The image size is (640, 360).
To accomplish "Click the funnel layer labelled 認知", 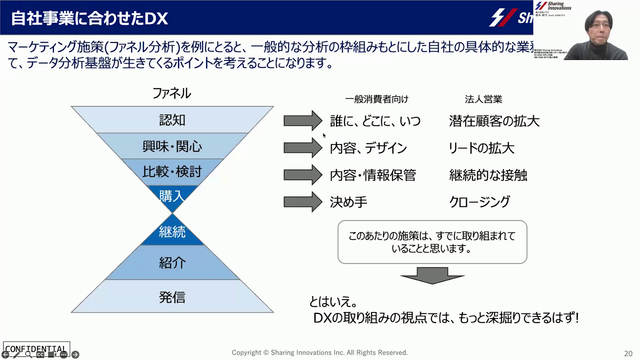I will point(172,120).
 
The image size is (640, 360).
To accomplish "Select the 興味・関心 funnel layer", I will point(172,146).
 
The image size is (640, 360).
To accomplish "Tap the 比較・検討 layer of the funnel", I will point(172,172).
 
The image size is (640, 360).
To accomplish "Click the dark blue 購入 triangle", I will point(172,196).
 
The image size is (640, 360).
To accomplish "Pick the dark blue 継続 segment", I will point(172,232).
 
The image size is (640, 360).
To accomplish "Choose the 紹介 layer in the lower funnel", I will point(172,263).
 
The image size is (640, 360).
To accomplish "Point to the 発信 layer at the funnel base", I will point(172,297).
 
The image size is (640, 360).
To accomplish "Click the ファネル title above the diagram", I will point(172,93).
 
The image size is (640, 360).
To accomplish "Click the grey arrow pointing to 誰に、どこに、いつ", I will point(302,120).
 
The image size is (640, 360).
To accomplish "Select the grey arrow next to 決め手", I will point(302,202).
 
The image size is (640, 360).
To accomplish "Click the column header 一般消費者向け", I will point(377,99).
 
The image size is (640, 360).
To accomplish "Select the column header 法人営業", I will point(483,99).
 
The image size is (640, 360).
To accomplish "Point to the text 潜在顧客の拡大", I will point(494,121).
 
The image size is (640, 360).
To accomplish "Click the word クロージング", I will point(480,202).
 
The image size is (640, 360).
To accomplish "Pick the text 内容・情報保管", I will point(373,175).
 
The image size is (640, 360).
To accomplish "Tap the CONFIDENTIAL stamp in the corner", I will point(36,348).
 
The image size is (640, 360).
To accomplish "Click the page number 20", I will point(628,354).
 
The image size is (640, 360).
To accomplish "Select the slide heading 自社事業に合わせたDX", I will point(90,18).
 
